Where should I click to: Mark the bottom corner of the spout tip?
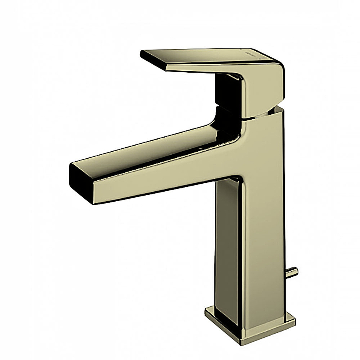click(x=94, y=203)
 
